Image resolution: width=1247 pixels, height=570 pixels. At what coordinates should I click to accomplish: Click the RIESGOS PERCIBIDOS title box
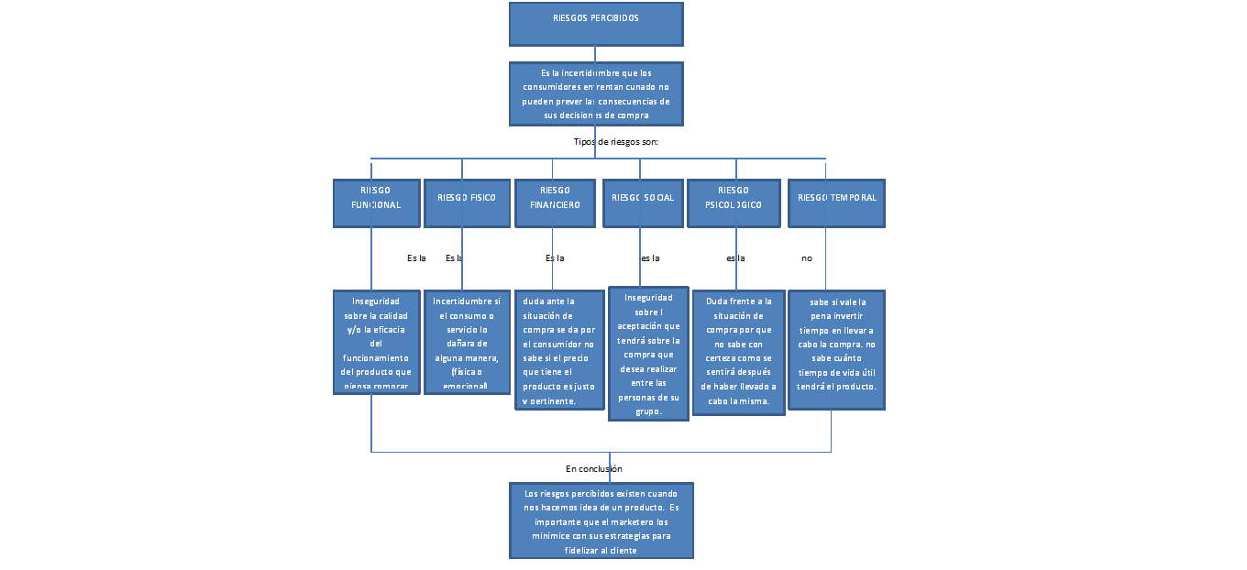[x=596, y=24]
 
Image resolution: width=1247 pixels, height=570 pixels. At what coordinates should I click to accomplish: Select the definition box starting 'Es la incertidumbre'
[x=596, y=93]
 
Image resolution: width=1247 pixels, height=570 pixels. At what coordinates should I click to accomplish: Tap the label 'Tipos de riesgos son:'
[x=616, y=142]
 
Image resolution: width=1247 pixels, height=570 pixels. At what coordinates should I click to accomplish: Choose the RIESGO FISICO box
[x=467, y=203]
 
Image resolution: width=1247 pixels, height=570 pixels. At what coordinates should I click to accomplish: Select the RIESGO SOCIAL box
[x=643, y=203]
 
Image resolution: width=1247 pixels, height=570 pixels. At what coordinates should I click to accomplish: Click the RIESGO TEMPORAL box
[x=836, y=203]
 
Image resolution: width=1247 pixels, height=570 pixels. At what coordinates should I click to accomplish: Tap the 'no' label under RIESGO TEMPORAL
[x=807, y=258]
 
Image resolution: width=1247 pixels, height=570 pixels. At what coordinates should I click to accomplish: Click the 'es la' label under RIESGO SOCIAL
[x=650, y=258]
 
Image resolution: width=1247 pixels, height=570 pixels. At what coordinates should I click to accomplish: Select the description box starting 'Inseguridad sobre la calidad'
[x=376, y=342]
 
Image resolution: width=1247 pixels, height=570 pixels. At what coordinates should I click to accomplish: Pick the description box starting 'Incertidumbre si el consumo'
[x=467, y=342]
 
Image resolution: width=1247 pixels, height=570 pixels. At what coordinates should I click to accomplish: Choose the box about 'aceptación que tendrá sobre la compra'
[x=648, y=353]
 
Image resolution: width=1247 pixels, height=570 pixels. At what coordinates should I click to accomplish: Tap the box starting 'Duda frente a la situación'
[x=738, y=353]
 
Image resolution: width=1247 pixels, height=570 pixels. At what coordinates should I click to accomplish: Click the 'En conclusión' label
[x=594, y=469]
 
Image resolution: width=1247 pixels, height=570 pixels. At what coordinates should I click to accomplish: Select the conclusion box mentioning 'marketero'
[x=601, y=521]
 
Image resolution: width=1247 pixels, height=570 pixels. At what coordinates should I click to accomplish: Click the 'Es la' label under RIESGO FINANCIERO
[x=555, y=258]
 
